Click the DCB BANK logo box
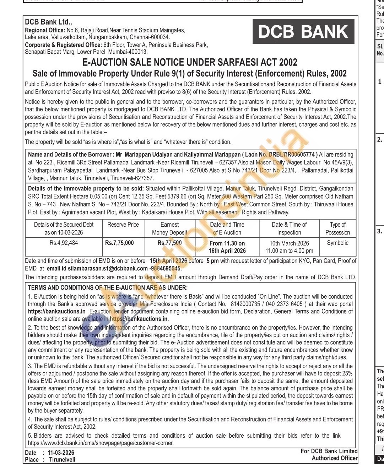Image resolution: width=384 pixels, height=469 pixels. point(303,31)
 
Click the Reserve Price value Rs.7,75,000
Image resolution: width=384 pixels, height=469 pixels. point(119,243)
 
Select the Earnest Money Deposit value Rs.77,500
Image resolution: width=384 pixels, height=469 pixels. point(169,243)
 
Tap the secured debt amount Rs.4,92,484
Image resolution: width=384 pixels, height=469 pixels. point(64,243)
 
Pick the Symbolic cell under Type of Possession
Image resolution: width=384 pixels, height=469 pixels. point(337,243)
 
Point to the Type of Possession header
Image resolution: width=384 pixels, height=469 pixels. point(337,228)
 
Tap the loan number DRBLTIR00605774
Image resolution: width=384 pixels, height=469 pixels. point(292,155)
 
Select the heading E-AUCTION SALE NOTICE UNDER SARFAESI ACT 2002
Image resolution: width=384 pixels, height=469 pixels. point(190,63)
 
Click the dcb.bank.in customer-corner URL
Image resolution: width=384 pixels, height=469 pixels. point(101,443)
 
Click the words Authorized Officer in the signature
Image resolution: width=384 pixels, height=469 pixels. point(334,458)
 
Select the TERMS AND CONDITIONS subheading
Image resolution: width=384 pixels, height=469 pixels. point(108,288)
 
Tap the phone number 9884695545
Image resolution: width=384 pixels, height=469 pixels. point(166,269)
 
